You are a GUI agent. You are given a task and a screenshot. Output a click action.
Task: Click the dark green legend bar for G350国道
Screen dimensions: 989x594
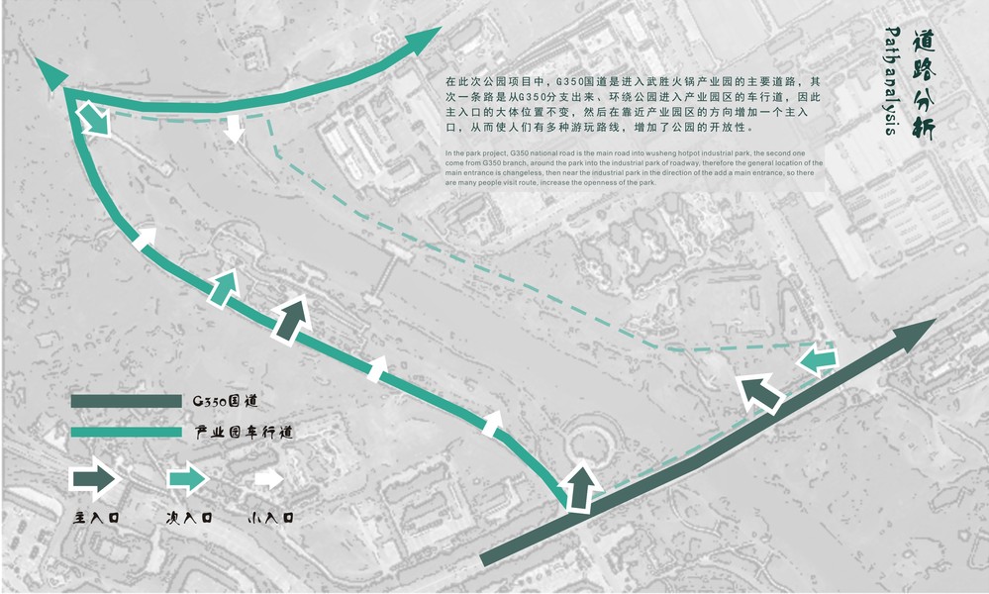[126, 402]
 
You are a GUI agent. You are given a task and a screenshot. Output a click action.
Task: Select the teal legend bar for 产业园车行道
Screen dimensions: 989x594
[126, 433]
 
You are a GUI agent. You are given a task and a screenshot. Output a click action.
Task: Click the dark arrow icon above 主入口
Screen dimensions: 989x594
[95, 479]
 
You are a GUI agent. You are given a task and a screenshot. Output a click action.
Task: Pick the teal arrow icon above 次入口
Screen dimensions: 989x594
[185, 479]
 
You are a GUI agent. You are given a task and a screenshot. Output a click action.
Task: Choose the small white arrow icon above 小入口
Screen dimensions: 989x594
[267, 479]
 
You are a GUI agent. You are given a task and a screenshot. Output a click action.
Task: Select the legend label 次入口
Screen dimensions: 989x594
[188, 517]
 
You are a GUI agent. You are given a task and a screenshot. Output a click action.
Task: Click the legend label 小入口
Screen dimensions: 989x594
[270, 517]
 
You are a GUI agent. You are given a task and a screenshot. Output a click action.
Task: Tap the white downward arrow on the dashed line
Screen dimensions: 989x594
[234, 128]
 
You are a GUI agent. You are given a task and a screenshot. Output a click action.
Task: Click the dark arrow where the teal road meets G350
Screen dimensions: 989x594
[581, 486]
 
